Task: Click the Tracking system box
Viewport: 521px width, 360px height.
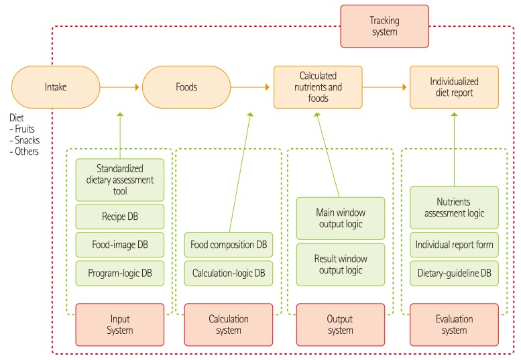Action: click(384, 26)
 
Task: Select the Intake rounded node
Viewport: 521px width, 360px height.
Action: click(55, 87)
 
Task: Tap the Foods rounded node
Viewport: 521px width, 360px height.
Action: click(186, 87)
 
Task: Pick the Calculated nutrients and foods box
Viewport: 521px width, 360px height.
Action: click(318, 87)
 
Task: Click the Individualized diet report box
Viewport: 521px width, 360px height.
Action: click(454, 87)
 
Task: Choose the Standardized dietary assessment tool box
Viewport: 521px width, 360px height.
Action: click(120, 179)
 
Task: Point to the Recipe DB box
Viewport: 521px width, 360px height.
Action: click(120, 217)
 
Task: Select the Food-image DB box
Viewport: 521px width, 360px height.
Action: click(120, 245)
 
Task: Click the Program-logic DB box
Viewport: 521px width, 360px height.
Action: click(120, 272)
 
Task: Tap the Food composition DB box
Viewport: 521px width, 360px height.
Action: click(229, 245)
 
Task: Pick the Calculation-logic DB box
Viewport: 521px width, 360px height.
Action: click(229, 272)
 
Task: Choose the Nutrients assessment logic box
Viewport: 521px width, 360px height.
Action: click(454, 208)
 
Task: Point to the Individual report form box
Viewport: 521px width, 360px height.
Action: click(454, 245)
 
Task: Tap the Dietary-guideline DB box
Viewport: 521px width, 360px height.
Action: click(454, 272)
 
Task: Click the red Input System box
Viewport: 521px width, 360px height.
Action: click(120, 324)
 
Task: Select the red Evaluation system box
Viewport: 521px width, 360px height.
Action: click(454, 324)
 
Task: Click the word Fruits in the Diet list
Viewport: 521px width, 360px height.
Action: click(25, 129)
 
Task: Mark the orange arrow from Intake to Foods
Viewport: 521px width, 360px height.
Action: click(119, 87)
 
